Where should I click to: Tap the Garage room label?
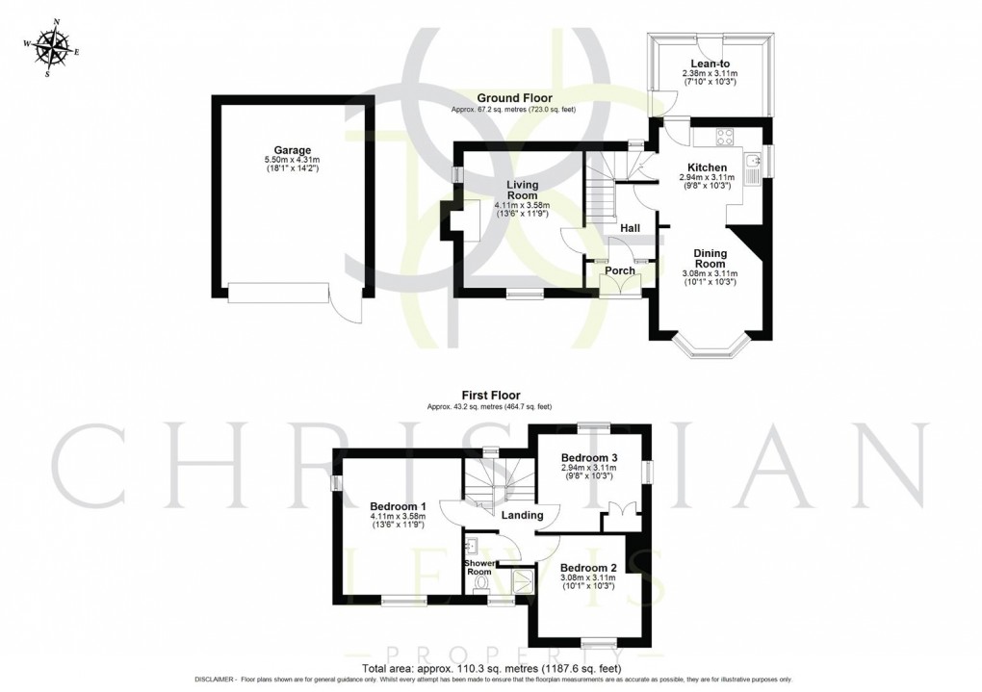(x=292, y=150)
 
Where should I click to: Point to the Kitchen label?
(x=707, y=167)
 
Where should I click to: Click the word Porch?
(x=619, y=270)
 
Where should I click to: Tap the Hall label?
(x=631, y=228)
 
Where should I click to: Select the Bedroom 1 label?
(x=398, y=506)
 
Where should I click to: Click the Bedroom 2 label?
(x=587, y=568)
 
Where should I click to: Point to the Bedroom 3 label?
(x=589, y=457)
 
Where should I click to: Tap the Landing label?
(x=521, y=515)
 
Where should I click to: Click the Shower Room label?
(x=478, y=568)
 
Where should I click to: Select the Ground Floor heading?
(x=512, y=98)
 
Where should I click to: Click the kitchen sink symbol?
(x=754, y=160)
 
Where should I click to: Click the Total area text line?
(x=491, y=668)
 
